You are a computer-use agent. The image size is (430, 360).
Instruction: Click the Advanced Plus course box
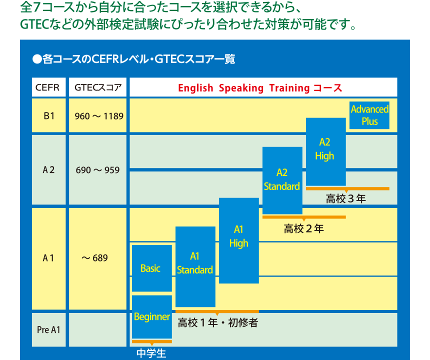369,115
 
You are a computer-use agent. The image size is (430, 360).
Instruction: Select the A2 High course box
326,152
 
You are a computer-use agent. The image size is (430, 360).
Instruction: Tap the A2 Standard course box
282,180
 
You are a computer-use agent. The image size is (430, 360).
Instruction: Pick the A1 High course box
239,240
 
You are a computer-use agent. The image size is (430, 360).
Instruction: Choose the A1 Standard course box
195,266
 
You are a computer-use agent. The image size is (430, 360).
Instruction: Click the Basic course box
152,268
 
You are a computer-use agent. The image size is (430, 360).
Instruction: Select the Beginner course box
152,317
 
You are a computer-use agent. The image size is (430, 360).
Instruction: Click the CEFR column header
49,87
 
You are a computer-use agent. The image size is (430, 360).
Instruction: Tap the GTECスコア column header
97,87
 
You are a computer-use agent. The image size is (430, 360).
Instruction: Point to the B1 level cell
49,115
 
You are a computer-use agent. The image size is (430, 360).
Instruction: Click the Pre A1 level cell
49,329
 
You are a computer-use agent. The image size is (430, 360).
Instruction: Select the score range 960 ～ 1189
99,116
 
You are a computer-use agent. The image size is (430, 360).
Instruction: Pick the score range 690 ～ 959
97,170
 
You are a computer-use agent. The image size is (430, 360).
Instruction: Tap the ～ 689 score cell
95,258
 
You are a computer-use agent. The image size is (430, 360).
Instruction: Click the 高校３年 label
346,198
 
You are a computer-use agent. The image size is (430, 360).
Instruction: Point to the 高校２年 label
304,228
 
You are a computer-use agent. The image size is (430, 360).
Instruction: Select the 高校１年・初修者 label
218,322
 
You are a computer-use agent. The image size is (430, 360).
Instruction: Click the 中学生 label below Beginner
151,353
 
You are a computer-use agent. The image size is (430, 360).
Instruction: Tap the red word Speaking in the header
241,88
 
